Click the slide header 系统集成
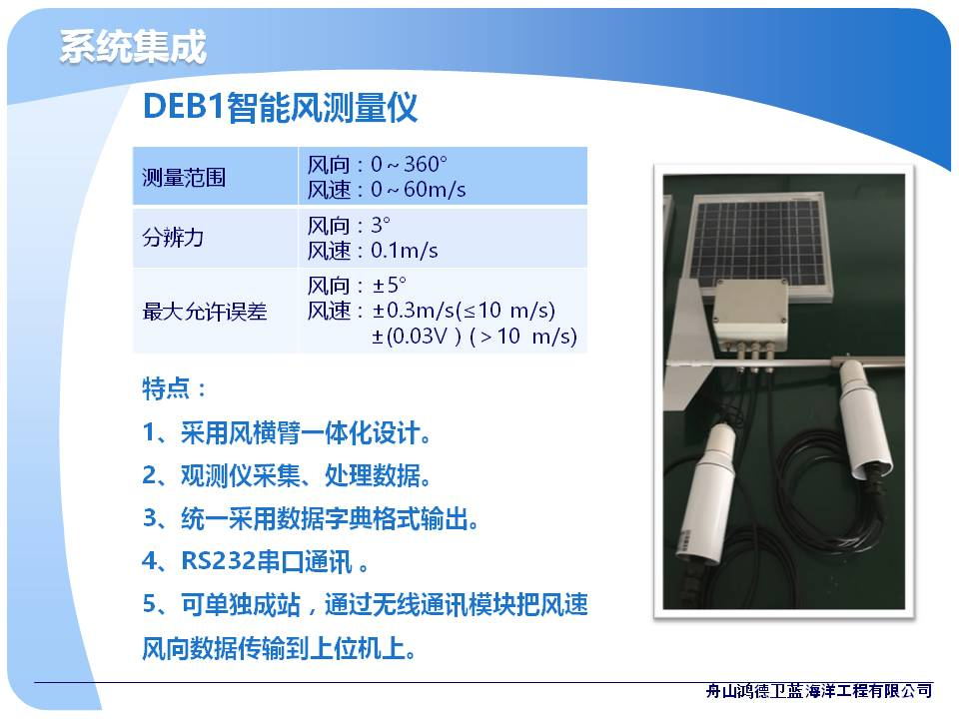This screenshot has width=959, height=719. click(x=133, y=47)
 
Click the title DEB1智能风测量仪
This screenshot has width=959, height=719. click(x=280, y=108)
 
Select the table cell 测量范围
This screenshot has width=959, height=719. click(x=184, y=178)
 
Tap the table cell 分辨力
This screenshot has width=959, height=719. click(x=173, y=238)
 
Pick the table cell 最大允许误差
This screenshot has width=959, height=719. click(x=205, y=312)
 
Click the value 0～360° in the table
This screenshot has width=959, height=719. click(x=409, y=164)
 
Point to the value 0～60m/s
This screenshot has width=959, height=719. click(x=418, y=190)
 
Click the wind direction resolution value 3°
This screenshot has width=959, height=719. click(x=380, y=225)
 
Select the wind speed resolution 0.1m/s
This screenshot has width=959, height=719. click(x=404, y=250)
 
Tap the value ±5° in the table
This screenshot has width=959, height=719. click(x=389, y=285)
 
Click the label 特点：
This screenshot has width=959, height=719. click(x=174, y=388)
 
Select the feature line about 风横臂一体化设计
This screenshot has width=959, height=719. click(x=288, y=432)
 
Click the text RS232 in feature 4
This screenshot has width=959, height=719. click(x=218, y=560)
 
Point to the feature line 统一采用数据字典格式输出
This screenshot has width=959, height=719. click(x=311, y=518)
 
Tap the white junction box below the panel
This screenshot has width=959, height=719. click(x=751, y=315)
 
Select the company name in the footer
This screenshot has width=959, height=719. click(x=818, y=691)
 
